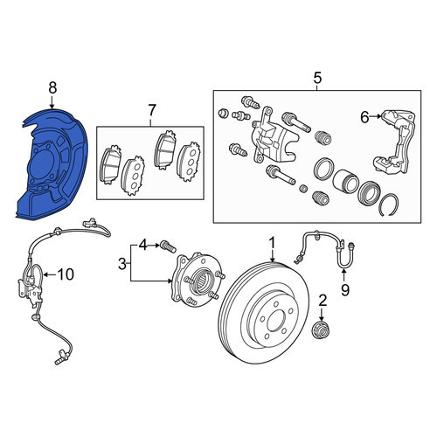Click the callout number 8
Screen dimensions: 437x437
click(52, 88)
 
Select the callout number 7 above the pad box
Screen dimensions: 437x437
click(152, 111)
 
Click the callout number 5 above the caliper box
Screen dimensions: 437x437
click(317, 78)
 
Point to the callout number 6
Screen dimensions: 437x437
click(364, 117)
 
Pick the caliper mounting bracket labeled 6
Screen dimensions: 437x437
click(395, 142)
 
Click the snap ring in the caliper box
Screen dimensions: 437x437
click(390, 205)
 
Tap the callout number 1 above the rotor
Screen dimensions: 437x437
click(272, 244)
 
